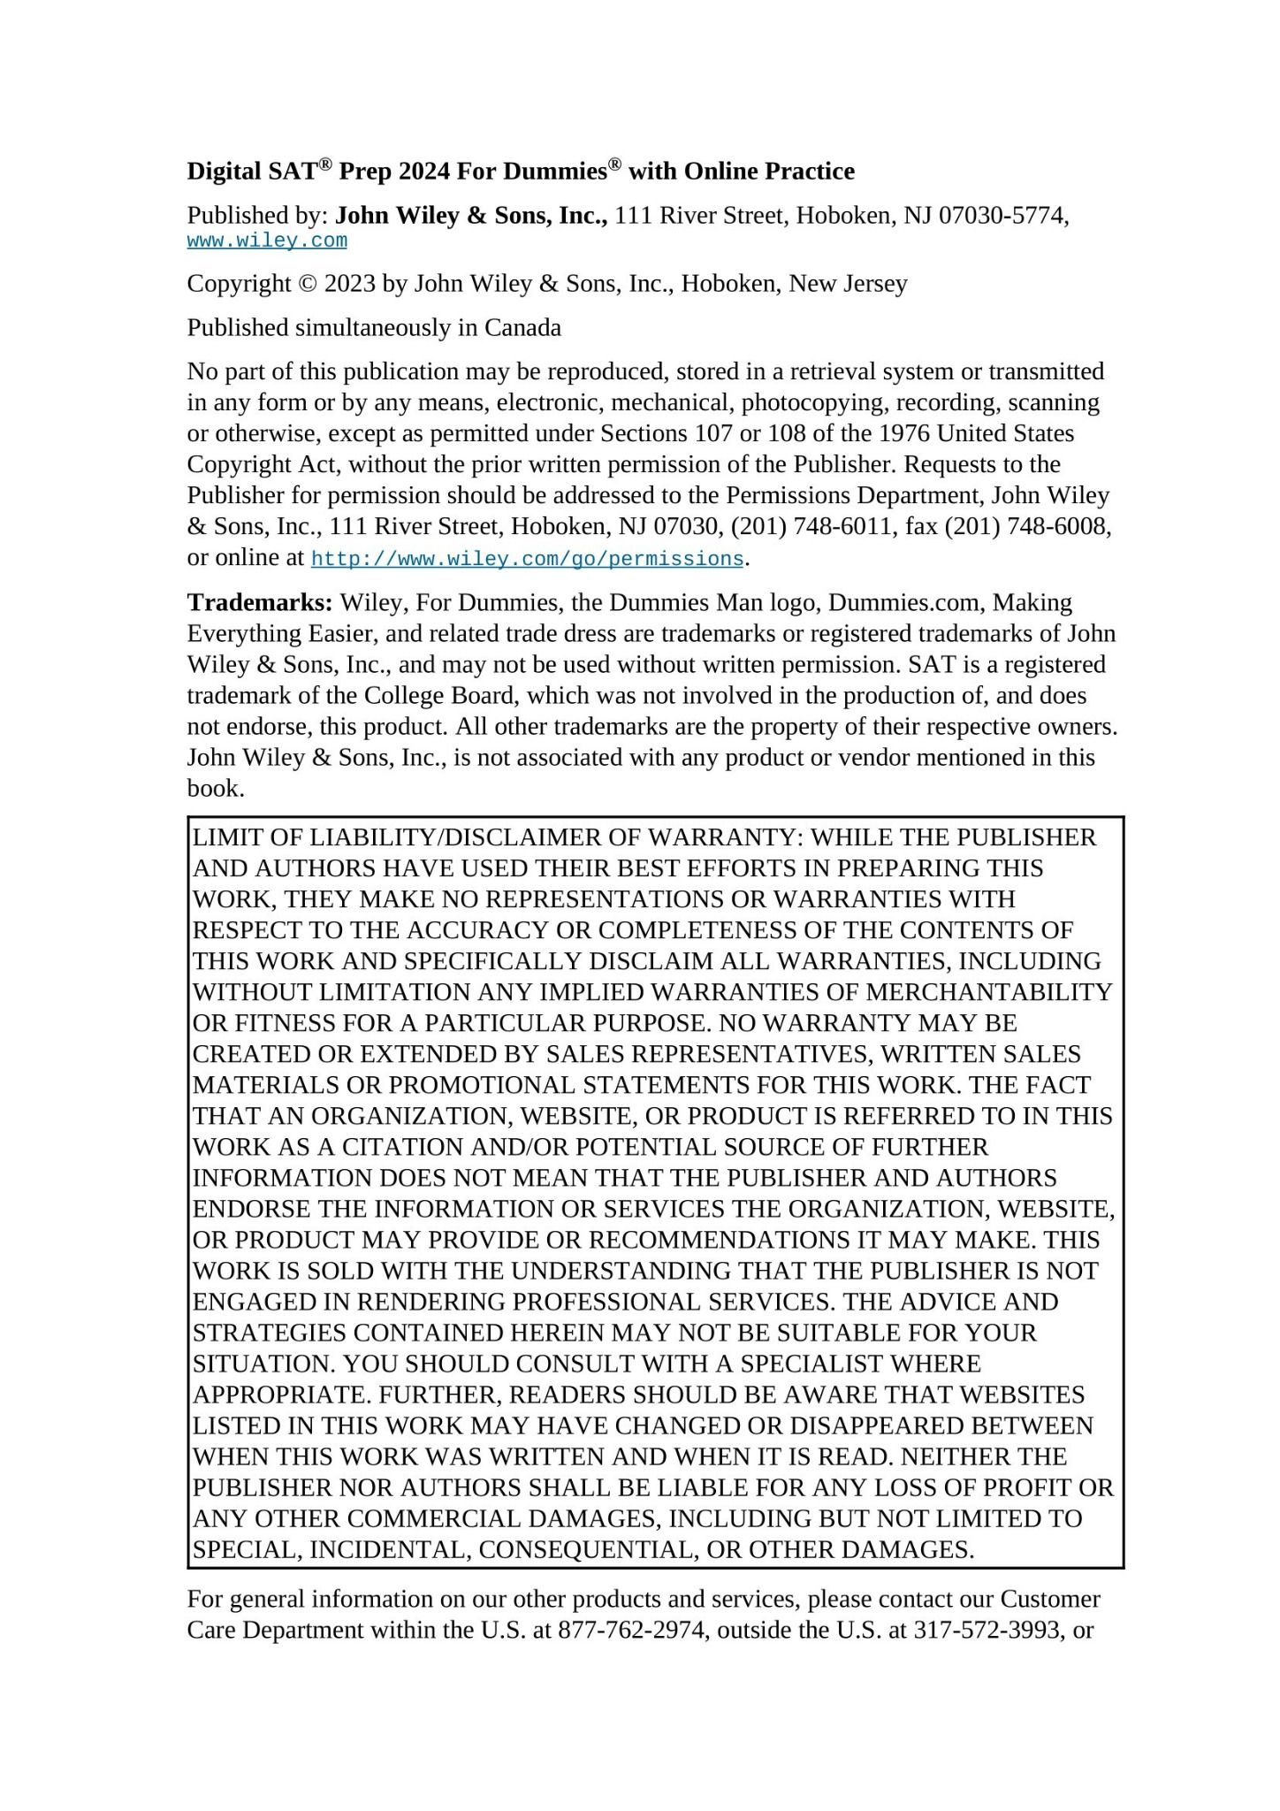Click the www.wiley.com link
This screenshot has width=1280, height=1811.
pyautogui.click(x=267, y=241)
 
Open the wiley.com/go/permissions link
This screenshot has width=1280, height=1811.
pyautogui.click(x=527, y=560)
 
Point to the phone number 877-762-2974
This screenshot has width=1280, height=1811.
pyautogui.click(x=633, y=1630)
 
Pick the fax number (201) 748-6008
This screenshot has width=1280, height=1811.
pyautogui.click(x=1028, y=527)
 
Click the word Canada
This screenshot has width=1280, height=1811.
pyautogui.click(x=522, y=328)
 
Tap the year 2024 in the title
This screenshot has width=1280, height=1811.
pyautogui.click(x=425, y=172)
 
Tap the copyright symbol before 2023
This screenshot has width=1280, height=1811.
pyautogui.click(x=308, y=284)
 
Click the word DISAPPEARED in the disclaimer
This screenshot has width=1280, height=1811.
pyautogui.click(x=879, y=1425)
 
